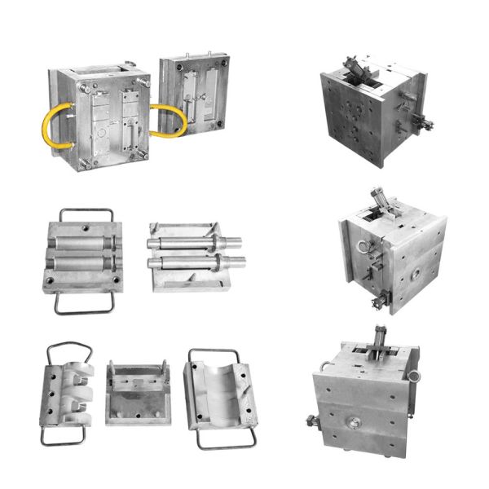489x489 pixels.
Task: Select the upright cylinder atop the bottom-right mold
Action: click(x=380, y=337)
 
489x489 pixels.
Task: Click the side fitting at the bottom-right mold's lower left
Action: click(x=314, y=423)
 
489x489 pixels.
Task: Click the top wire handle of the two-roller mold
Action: click(x=82, y=214)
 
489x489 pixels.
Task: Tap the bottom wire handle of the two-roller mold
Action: click(x=82, y=303)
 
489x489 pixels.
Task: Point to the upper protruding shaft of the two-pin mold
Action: click(x=196, y=241)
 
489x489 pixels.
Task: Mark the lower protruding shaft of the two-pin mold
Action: click(x=196, y=262)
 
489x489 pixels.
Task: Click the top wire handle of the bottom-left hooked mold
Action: click(x=70, y=352)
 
